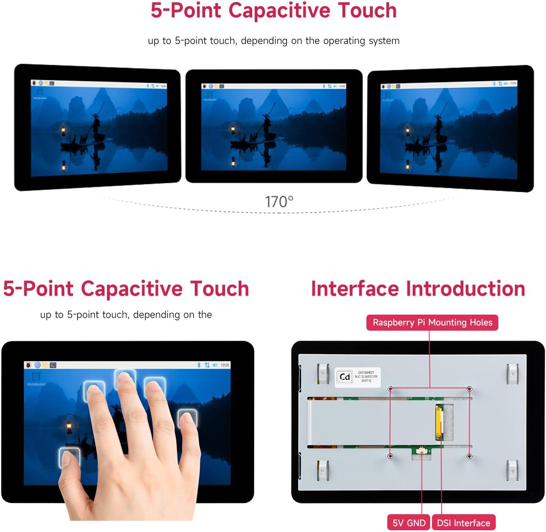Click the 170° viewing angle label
tap(279, 202)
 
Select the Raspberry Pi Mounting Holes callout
tap(432, 322)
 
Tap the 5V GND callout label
tap(409, 523)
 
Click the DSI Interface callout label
tap(463, 523)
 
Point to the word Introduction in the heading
tap(465, 289)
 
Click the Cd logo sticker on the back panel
tap(345, 377)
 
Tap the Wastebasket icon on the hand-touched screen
tap(36, 377)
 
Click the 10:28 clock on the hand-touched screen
tap(225, 365)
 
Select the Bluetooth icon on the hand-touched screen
tap(199, 365)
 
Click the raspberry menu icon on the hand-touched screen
tap(28, 365)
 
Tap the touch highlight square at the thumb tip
tap(69, 458)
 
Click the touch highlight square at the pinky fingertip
tap(187, 419)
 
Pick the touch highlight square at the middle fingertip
tap(125, 379)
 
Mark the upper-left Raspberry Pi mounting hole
tap(391, 389)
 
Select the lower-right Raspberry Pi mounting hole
tap(469, 456)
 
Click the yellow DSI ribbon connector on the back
tap(439, 422)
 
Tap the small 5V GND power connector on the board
tap(421, 451)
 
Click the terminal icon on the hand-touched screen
tap(53, 365)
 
